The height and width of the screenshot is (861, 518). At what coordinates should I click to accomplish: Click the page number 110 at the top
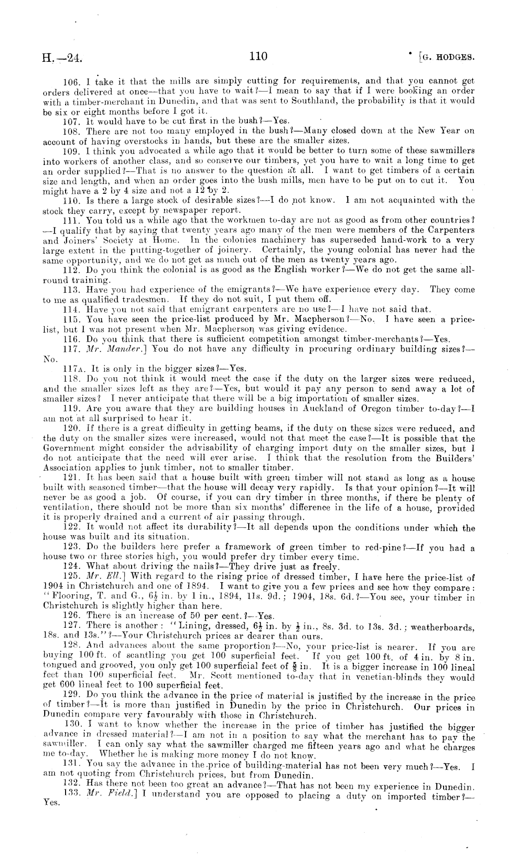click(x=258, y=57)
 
